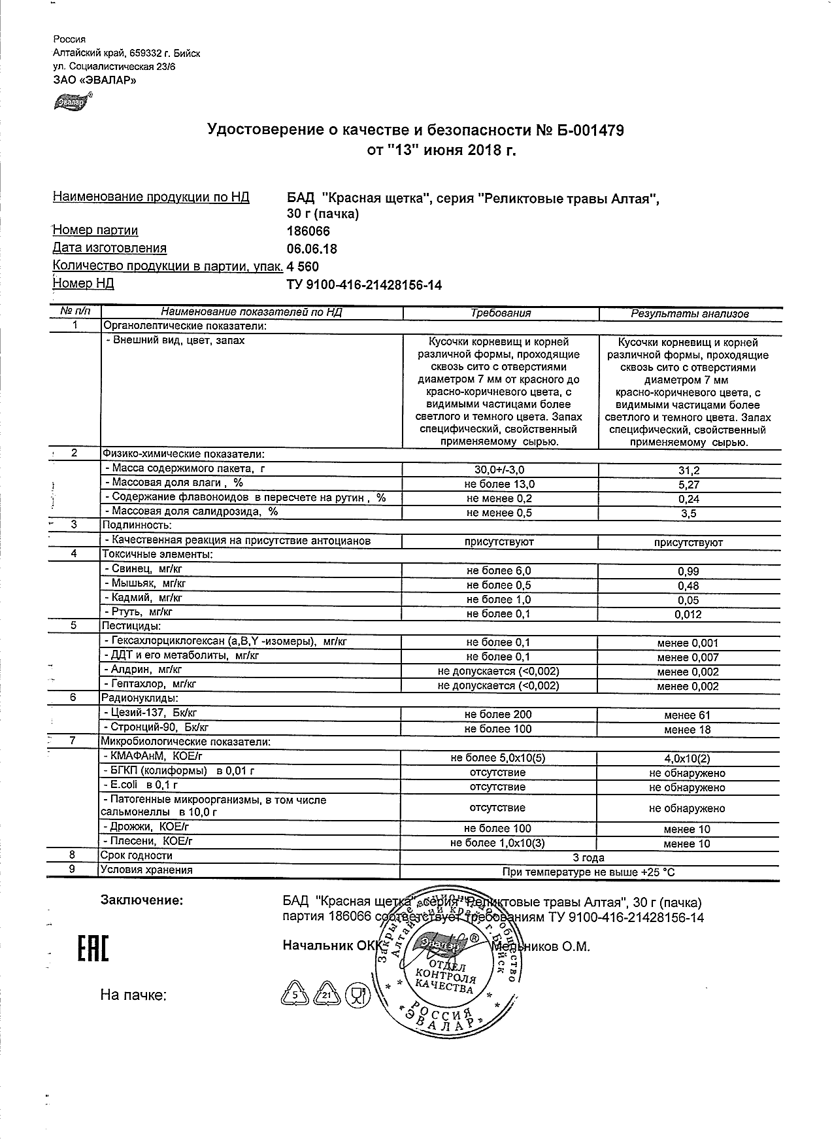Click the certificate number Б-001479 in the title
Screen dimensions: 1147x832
pos(580,131)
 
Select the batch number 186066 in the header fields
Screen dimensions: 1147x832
pos(308,231)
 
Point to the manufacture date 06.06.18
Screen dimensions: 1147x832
pos(312,249)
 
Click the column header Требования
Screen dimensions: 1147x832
pos(501,313)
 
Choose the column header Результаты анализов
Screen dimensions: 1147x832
pos(690,314)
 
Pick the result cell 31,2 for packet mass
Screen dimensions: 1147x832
pos(688,470)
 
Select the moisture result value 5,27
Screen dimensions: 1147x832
pos(688,485)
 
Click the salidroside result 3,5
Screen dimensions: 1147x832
pos(688,513)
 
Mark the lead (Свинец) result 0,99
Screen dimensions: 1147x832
pos(688,572)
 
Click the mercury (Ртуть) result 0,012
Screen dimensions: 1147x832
pos(688,615)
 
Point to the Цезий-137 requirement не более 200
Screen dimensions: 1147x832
pos(498,715)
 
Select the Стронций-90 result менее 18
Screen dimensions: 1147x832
pos(687,730)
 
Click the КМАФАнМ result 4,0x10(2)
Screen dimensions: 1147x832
pos(687,759)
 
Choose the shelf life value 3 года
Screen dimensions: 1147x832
pos(588,857)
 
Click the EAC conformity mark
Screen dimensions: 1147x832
pos(93,950)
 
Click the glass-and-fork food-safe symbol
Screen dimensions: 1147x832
pos(357,995)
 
